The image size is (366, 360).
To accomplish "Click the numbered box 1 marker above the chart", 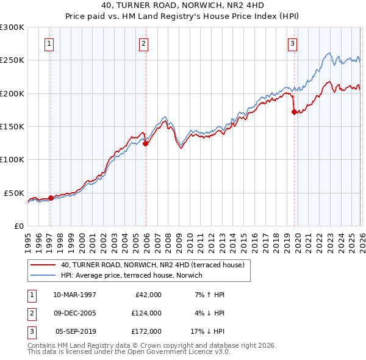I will [x=48, y=43].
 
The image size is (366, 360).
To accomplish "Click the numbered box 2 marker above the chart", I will [x=143, y=43].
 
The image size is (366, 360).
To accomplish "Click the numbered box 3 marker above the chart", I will [x=292, y=43].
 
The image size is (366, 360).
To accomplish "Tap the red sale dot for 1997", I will [x=51, y=197].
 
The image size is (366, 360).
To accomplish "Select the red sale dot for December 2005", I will [x=146, y=143].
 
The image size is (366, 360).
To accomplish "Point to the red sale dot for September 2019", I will [x=294, y=112].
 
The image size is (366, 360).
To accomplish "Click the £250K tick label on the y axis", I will [x=12, y=60].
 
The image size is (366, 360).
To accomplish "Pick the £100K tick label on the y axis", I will [x=12, y=159].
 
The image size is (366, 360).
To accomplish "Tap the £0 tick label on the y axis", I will [x=19, y=226].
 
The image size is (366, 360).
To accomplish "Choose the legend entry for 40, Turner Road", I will [x=152, y=265].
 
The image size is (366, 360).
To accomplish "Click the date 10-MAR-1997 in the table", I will [x=74, y=295].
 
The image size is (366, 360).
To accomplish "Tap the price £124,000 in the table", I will [x=146, y=313].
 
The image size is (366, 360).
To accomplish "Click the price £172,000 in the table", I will [x=146, y=331].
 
